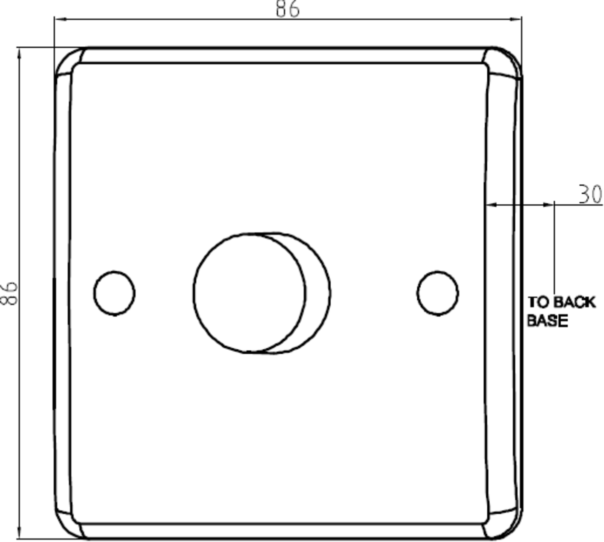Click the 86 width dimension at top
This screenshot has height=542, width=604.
tap(287, 9)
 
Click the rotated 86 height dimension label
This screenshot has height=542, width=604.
tap(10, 293)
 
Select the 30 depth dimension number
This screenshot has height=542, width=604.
tap(590, 194)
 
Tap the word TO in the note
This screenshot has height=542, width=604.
tap(537, 302)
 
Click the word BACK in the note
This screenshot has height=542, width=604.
tap(574, 302)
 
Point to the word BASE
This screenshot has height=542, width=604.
tap(548, 321)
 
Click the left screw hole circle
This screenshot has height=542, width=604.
tap(114, 293)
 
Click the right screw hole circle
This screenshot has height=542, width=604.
tap(437, 293)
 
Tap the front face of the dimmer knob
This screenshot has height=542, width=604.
tap(249, 293)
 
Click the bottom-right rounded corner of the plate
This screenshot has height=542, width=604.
tap(505, 524)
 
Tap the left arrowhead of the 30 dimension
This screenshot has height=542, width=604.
tap(492, 204)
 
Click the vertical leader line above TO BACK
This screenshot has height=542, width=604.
tap(554, 252)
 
